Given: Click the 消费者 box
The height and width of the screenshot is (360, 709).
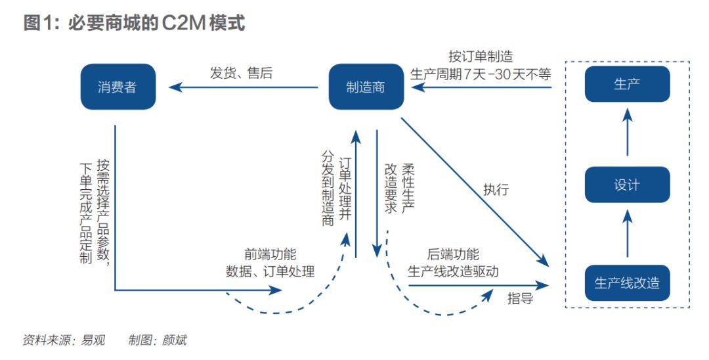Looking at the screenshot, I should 118,87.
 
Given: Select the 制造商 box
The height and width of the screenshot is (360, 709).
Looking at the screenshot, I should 366,87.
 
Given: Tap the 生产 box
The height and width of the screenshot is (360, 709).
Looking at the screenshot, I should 627,83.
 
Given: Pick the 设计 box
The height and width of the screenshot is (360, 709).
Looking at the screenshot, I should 627,185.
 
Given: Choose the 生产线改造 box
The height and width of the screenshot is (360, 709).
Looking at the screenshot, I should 627,283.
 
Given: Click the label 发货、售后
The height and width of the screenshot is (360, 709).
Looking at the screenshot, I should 241,73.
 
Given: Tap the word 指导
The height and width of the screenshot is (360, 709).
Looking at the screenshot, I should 520,299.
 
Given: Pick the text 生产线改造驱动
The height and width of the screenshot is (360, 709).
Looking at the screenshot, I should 453,271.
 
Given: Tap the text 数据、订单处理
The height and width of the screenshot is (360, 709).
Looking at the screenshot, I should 270,271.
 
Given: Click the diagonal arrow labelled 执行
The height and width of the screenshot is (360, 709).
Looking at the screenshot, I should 473,191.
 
